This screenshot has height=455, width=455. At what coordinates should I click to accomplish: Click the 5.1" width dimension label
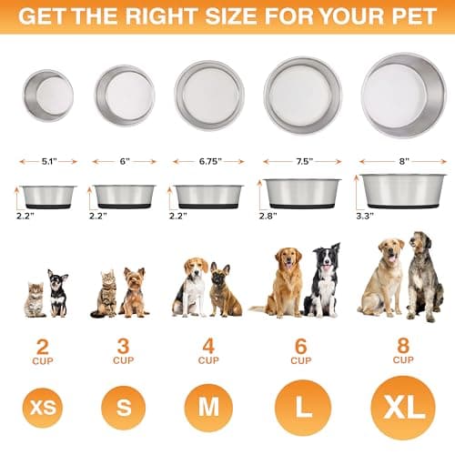pyautogui.click(x=48, y=162)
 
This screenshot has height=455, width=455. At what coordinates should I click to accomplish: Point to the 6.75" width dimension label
pyautogui.click(x=209, y=162)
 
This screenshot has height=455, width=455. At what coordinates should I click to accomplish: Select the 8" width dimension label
pyautogui.click(x=403, y=162)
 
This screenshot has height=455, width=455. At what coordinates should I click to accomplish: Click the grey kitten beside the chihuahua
pyautogui.click(x=35, y=301)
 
